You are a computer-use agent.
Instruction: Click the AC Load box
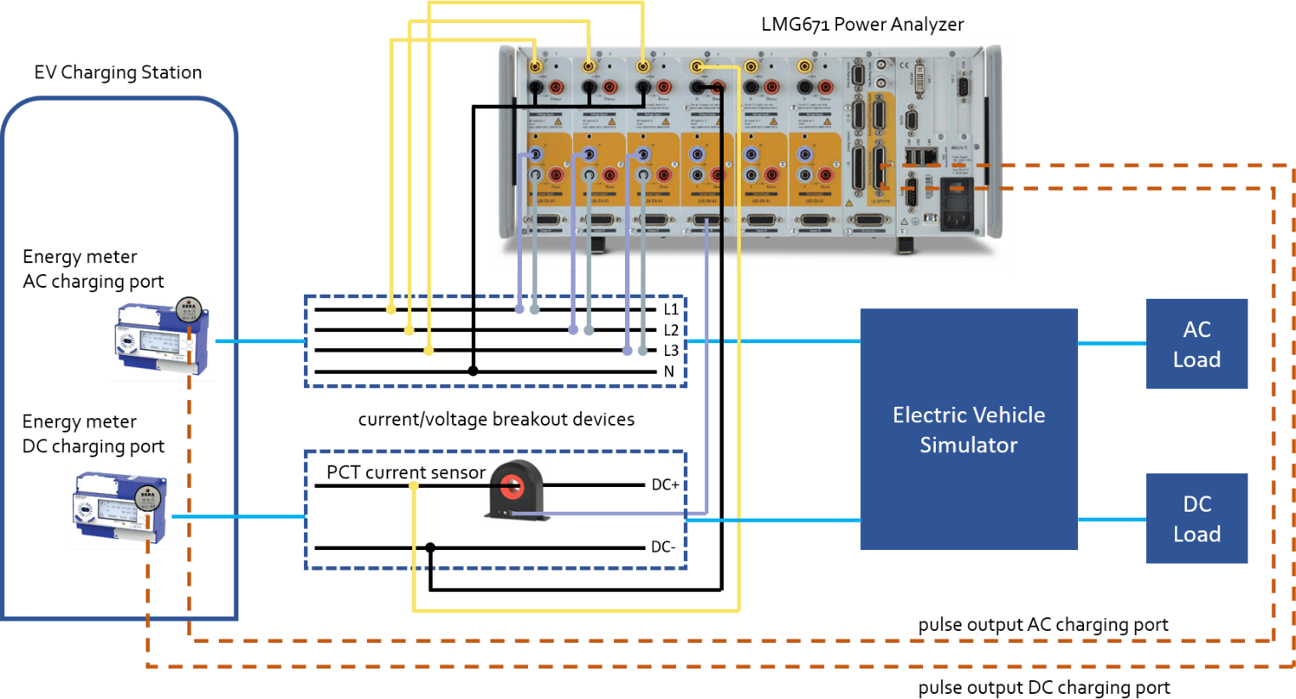pyautogui.click(x=1196, y=344)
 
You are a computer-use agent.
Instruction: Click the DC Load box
pyautogui.click(x=1196, y=519)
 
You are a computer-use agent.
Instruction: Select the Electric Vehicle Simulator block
pyautogui.click(x=968, y=429)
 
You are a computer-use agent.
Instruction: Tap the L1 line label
pyautogui.click(x=671, y=309)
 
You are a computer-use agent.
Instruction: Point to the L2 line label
pyautogui.click(x=671, y=330)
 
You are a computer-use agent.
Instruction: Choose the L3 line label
pyautogui.click(x=671, y=351)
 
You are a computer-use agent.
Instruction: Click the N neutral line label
pyautogui.click(x=669, y=372)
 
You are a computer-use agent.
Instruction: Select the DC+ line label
pyautogui.click(x=665, y=485)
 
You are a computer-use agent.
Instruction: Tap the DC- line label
pyautogui.click(x=663, y=547)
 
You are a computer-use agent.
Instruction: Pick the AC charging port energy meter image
pyautogui.click(x=162, y=341)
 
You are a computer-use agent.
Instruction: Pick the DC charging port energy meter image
pyautogui.click(x=120, y=509)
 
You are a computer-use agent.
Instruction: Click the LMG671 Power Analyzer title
pyautogui.click(x=862, y=25)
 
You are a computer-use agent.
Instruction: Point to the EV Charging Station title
pyautogui.click(x=118, y=73)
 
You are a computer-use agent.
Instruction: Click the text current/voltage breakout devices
pyautogui.click(x=496, y=420)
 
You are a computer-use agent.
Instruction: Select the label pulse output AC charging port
pyautogui.click(x=1042, y=626)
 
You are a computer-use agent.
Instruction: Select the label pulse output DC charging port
pyautogui.click(x=1043, y=688)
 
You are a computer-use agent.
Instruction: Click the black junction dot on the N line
pyautogui.click(x=473, y=371)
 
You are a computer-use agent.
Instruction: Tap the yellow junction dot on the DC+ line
pyautogui.click(x=414, y=486)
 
